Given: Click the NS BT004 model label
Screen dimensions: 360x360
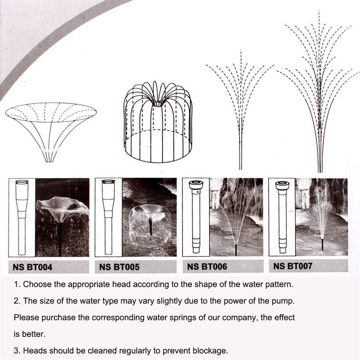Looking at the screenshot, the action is [x=33, y=267].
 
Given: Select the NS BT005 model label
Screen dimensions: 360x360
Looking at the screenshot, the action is [x=119, y=267].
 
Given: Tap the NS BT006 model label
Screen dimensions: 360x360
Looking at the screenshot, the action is [x=207, y=266].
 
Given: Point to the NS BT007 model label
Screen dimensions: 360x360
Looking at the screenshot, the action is [x=293, y=266].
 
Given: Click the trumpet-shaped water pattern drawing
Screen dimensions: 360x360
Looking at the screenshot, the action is [x=51, y=132].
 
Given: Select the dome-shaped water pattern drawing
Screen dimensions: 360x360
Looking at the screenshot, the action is [x=158, y=122].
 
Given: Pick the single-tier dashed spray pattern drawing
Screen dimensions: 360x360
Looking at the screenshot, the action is [x=240, y=110].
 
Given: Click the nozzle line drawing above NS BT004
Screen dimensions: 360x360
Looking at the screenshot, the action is [x=22, y=218].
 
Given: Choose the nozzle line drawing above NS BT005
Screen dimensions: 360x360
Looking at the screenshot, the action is [x=108, y=218].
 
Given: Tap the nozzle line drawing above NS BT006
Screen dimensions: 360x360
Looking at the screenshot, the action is [x=196, y=217].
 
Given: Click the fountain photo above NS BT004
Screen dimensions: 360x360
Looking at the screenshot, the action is [x=62, y=218].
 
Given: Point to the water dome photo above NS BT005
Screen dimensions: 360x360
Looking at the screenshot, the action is [x=150, y=218].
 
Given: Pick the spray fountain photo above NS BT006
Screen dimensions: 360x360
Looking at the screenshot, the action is [x=237, y=217].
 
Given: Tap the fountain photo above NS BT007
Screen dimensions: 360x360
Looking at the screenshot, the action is [x=322, y=217].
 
